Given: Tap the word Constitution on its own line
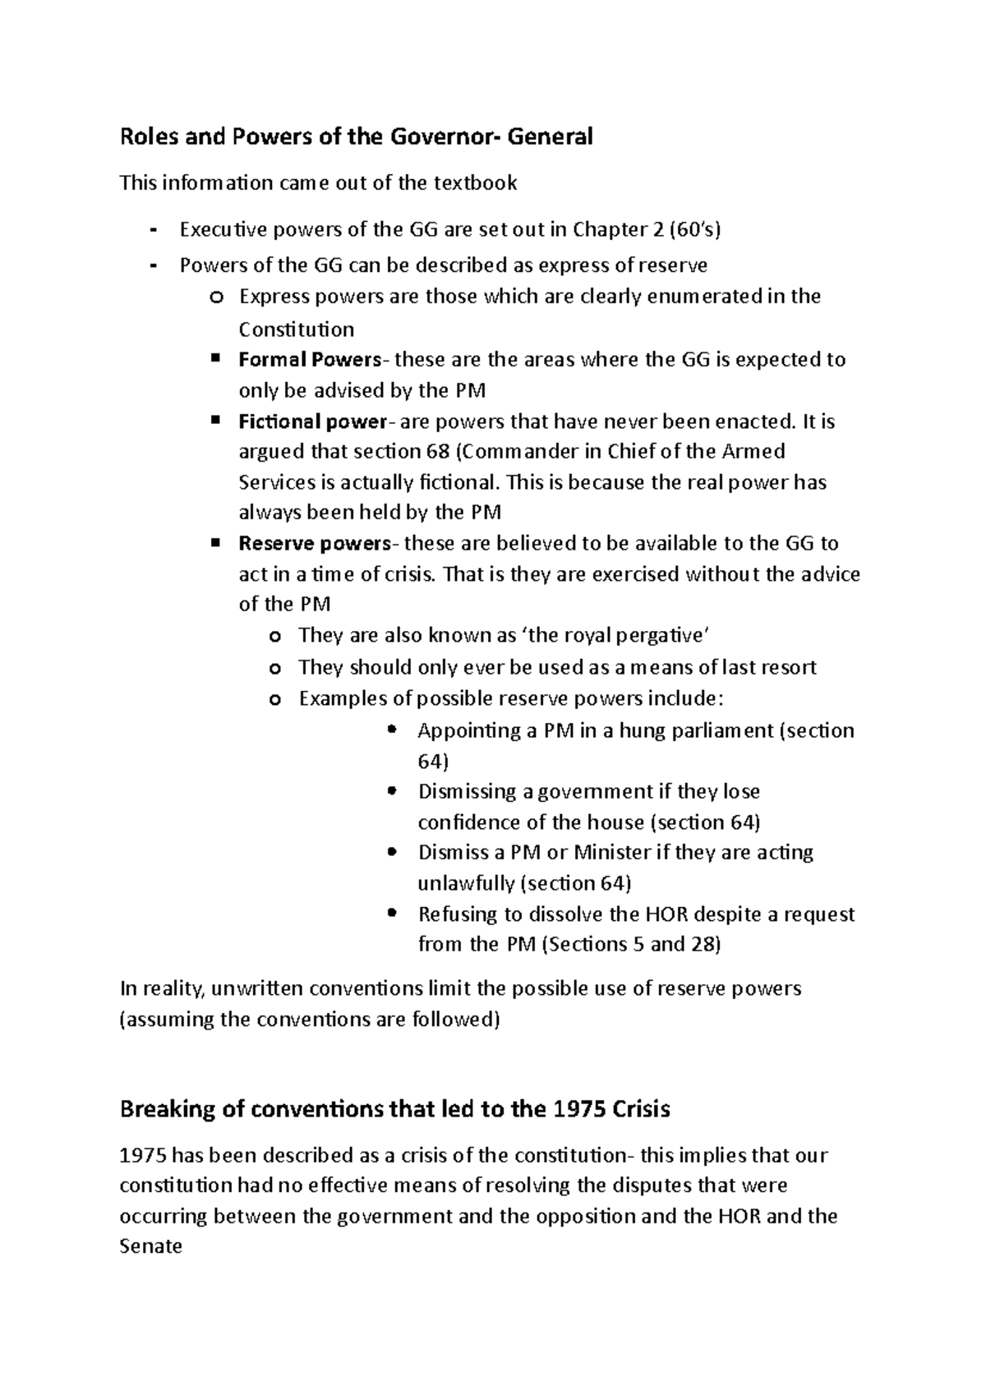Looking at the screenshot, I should click(297, 330).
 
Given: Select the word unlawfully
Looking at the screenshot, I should click(467, 884).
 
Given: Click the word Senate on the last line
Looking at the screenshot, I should click(151, 1247).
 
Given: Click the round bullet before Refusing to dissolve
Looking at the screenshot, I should click(392, 912).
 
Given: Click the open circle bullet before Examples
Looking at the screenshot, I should click(275, 700).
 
